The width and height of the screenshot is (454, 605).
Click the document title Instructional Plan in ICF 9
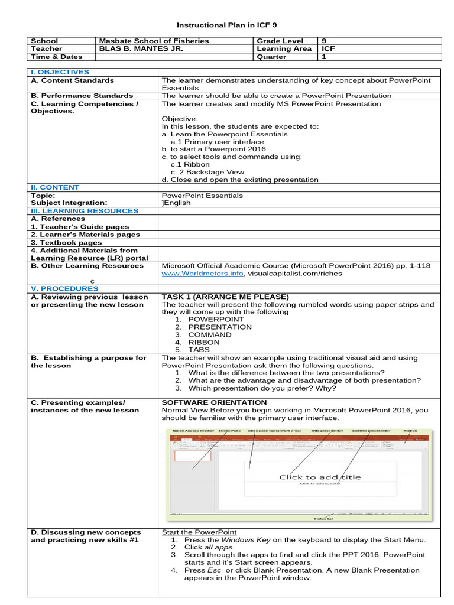227,25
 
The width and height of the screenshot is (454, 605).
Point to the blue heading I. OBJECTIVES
60,72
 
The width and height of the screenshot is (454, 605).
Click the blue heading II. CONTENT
55,187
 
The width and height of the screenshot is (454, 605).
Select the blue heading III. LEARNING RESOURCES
85,211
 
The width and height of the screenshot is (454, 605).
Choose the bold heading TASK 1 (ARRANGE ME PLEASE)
225,297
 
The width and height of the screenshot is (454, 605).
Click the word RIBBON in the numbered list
203,342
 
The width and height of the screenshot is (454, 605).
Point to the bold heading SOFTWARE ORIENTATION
214,402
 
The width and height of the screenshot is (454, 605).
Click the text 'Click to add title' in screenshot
320,477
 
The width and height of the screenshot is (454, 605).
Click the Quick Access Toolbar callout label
193,431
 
